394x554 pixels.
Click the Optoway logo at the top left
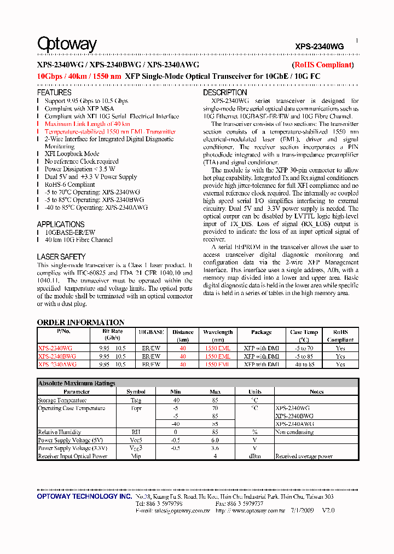[x=67, y=44]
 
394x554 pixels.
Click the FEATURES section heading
[x=54, y=93]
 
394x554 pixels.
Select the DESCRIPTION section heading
[x=225, y=93]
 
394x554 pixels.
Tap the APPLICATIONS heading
[x=61, y=224]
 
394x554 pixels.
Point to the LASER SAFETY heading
[x=61, y=257]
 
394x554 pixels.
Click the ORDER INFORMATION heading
[x=80, y=322]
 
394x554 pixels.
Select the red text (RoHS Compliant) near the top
[x=323, y=65]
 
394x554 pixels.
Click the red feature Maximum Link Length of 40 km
[x=87, y=124]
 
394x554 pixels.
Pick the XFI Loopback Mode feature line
[x=72, y=154]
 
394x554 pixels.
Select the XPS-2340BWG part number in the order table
[x=57, y=356]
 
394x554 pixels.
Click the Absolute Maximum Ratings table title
[x=77, y=384]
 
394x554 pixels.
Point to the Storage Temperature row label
[x=63, y=400]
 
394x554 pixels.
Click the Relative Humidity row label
[x=59, y=432]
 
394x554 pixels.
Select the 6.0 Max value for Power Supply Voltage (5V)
[x=215, y=440]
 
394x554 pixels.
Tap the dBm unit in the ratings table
[x=254, y=456]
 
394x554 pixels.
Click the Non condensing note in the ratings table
[x=294, y=432]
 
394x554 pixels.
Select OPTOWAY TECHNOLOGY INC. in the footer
[x=84, y=497]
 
